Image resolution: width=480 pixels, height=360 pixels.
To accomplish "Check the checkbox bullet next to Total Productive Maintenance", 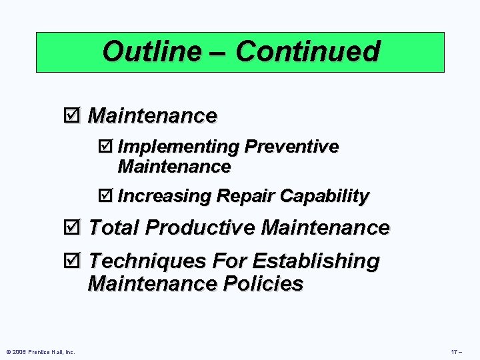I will pos(73,228).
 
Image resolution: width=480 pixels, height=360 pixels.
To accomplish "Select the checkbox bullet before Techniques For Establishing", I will pos(73,261).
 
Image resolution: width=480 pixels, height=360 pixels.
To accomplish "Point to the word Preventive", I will pos(291,146).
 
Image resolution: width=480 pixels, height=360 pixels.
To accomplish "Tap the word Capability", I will pos(325,197).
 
